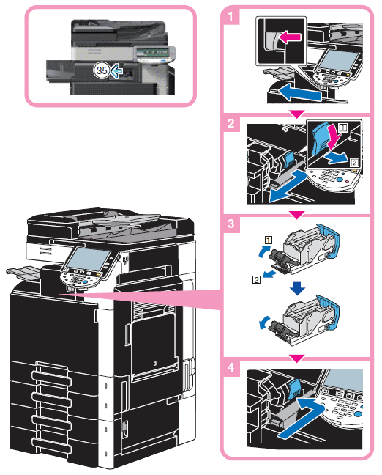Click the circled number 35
(x=101, y=70)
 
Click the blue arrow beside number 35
(x=116, y=72)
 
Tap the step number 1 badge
(x=231, y=16)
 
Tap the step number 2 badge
(x=231, y=123)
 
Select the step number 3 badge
(x=231, y=224)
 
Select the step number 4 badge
(x=231, y=367)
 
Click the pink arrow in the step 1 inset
(x=290, y=37)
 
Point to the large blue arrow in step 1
(x=299, y=92)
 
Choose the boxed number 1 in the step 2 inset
(x=343, y=128)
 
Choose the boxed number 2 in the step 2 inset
(x=354, y=163)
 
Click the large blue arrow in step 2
(x=288, y=186)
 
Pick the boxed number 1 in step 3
(x=269, y=240)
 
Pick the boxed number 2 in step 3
(x=256, y=279)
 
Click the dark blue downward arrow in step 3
(x=297, y=289)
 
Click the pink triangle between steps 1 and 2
(x=297, y=114)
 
